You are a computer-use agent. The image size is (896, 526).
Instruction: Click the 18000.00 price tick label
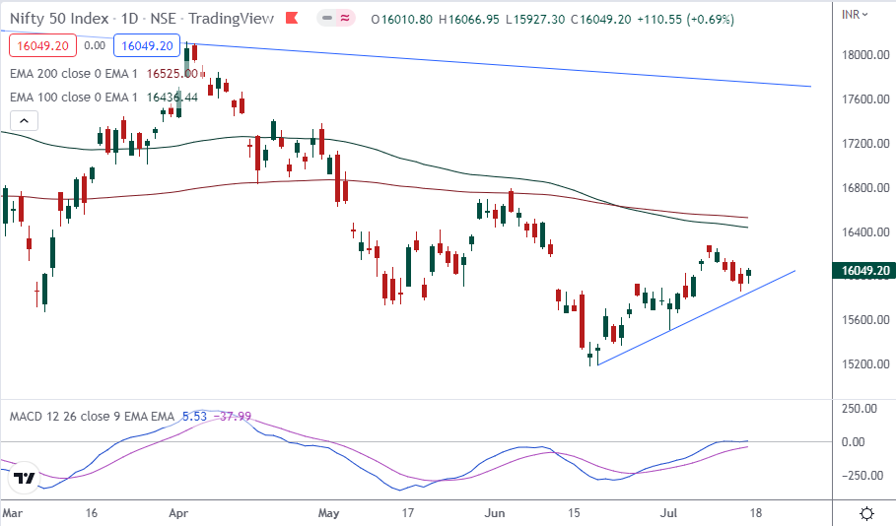click(864, 55)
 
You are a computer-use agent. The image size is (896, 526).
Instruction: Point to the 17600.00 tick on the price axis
click(864, 99)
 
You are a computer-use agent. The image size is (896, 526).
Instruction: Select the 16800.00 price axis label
click(864, 188)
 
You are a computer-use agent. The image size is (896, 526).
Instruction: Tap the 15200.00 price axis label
click(864, 364)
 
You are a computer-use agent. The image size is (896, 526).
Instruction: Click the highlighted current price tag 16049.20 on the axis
click(863, 270)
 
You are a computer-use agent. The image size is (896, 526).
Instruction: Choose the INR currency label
click(853, 15)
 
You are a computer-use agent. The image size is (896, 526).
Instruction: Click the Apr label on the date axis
click(178, 513)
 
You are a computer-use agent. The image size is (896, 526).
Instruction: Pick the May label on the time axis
click(329, 513)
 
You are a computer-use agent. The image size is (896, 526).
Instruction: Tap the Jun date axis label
click(496, 513)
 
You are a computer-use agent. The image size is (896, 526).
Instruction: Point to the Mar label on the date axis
click(12, 513)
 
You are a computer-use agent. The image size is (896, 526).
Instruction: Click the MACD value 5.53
click(193, 417)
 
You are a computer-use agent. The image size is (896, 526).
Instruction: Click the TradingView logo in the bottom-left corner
click(24, 479)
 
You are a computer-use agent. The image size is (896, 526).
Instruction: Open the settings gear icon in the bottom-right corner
click(866, 513)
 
